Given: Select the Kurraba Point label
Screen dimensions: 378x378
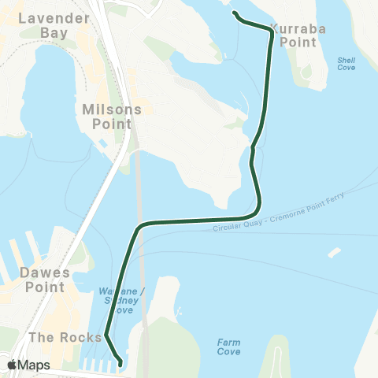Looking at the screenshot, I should pyautogui.click(x=297, y=35).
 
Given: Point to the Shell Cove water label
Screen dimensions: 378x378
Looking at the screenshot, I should pyautogui.click(x=346, y=64).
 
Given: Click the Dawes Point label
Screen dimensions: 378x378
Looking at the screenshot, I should pyautogui.click(x=44, y=280).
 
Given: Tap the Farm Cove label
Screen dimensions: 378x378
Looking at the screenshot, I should pyautogui.click(x=228, y=347).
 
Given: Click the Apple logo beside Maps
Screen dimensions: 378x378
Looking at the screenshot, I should pyautogui.click(x=13, y=365).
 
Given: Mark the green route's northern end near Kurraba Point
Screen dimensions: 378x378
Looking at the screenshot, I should pyautogui.click(x=234, y=13).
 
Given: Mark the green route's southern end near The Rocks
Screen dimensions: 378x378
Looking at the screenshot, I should pyautogui.click(x=120, y=363).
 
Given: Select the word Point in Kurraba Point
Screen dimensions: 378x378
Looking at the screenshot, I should pyautogui.click(x=298, y=42).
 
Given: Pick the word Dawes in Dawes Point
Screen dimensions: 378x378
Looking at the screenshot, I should pyautogui.click(x=44, y=273).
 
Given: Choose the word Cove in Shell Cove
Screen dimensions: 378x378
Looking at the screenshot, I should pyautogui.click(x=346, y=69).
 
